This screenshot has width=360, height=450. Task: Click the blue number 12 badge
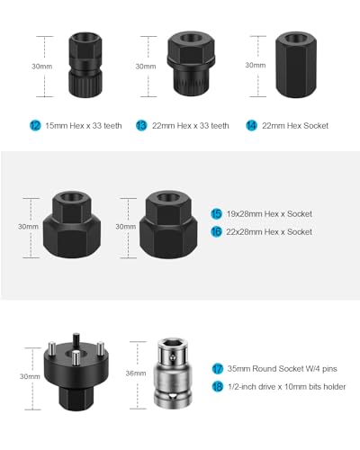35,125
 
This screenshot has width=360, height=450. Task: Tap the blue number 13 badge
141,125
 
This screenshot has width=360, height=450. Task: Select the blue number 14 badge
251,125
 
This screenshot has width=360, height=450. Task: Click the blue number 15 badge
216,214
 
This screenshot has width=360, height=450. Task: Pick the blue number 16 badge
216,231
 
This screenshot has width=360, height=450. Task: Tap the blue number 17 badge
218,369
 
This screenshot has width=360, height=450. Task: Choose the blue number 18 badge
218,386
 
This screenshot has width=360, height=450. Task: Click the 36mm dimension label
136,373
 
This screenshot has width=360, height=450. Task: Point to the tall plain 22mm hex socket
296,65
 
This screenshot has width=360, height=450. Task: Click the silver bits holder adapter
173,373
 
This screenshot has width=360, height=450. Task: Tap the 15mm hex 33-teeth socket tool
85,65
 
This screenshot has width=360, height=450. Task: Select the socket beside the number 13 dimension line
191,64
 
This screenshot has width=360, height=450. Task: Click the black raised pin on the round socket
76,341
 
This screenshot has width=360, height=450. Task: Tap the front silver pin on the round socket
76,360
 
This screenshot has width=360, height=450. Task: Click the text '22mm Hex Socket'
295,126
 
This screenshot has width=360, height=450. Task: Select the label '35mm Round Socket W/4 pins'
282,369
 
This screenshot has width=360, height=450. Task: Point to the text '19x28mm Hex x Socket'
269,214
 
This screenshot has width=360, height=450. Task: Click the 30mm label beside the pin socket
30,376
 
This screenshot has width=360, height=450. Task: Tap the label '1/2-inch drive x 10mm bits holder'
287,387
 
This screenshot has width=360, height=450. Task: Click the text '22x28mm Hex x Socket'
269,232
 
